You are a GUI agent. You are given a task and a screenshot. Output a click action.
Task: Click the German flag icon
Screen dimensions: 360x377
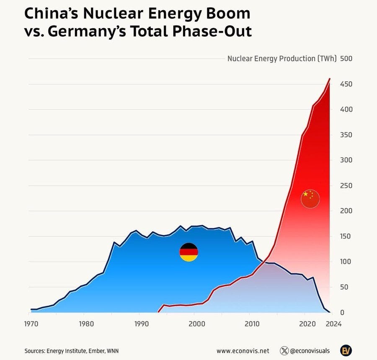(188, 252)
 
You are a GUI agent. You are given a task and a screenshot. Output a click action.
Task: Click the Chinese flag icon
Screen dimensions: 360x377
(310, 198)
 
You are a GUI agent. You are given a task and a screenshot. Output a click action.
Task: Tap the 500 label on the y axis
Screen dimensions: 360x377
(346, 59)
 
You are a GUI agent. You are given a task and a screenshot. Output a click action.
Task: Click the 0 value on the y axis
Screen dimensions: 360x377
(342, 313)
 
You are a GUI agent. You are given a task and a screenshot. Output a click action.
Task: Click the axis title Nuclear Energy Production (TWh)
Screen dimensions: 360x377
(282, 59)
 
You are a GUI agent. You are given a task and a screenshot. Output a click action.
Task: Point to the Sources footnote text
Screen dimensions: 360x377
(74, 351)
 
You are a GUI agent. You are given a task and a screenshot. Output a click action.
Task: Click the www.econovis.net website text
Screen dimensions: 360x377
(243, 351)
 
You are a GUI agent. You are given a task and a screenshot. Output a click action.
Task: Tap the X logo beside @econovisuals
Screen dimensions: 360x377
(284, 351)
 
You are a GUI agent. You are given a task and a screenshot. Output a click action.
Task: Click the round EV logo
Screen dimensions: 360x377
(346, 350)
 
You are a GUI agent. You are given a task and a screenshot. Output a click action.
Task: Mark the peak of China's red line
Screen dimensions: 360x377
(330, 78)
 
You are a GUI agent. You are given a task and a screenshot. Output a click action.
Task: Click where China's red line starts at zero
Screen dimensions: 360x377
(158, 312)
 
